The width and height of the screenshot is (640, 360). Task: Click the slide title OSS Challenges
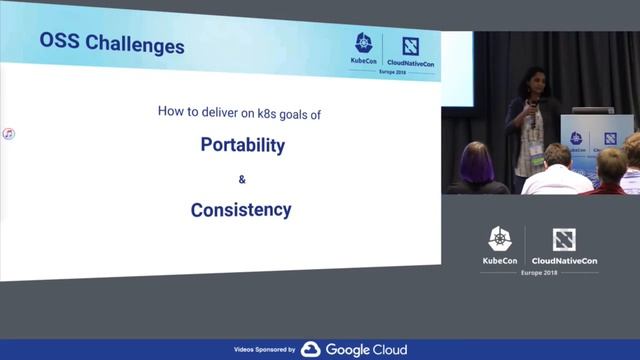(x=111, y=45)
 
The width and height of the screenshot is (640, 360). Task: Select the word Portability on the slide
(x=243, y=144)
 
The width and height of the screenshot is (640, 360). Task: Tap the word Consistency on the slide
(x=241, y=210)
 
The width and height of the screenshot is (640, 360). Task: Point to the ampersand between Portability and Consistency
(x=241, y=179)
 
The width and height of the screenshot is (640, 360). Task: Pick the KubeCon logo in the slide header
(x=364, y=49)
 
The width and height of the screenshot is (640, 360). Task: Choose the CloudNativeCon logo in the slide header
(x=410, y=50)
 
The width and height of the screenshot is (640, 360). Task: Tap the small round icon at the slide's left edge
(x=7, y=133)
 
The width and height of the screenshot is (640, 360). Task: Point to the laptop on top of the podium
(x=592, y=110)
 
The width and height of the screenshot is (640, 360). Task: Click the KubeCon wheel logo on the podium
(x=576, y=139)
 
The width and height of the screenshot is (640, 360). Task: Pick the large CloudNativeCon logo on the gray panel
(x=565, y=246)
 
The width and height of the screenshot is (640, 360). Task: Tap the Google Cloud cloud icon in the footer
(x=311, y=349)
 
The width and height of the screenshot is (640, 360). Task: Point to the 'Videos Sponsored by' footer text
(x=264, y=350)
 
